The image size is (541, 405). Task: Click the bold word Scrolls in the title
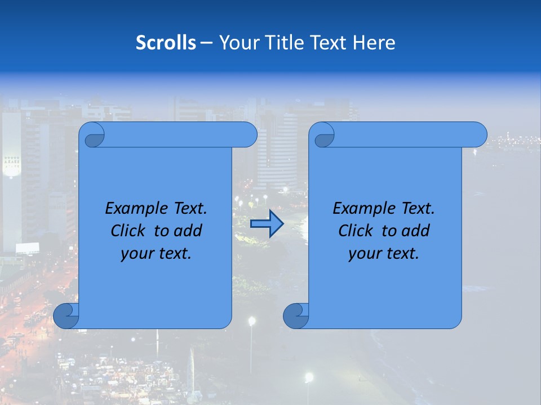(166, 43)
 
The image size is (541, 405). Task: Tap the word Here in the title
(374, 43)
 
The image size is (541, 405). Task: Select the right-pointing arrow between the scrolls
(267, 224)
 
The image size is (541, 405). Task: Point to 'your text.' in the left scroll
(156, 254)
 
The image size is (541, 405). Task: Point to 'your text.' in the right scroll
(384, 254)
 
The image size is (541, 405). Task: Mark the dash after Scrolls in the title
(206, 43)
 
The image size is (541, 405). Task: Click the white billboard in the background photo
(28, 248)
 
